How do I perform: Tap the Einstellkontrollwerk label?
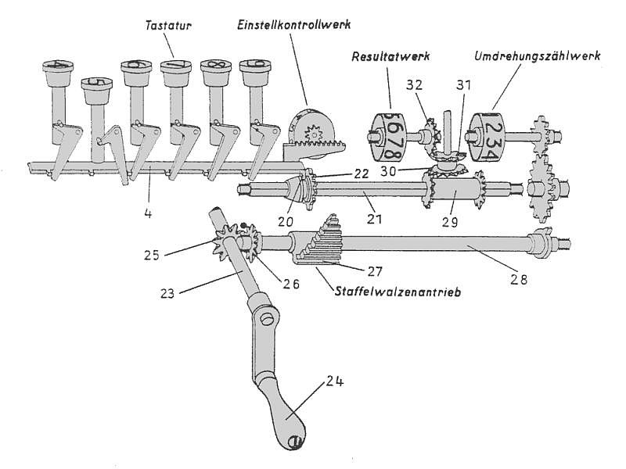(294, 24)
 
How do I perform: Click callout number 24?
(335, 382)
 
